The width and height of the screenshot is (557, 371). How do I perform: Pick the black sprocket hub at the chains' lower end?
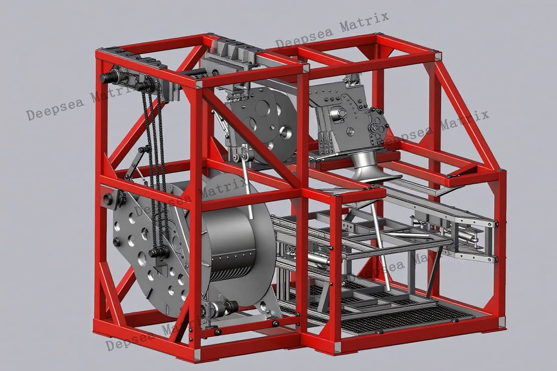click(x=159, y=253)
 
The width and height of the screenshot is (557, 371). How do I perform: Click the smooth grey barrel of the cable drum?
click(x=229, y=231)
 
